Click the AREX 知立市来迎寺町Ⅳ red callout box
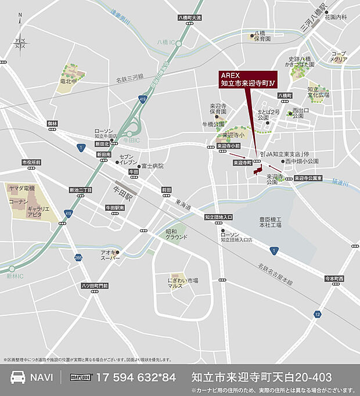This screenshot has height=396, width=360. point(248,80)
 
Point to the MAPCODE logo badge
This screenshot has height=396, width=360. point(81,377)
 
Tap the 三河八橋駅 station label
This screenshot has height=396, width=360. point(314,20)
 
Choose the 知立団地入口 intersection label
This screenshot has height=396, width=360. point(219,217)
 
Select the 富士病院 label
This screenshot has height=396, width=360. point(152,166)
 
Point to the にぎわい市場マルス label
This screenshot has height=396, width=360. point(183,283)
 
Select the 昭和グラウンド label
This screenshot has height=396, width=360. point(177,235)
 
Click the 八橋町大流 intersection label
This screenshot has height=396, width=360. point(190,18)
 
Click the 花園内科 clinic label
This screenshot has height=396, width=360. point(336,17)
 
